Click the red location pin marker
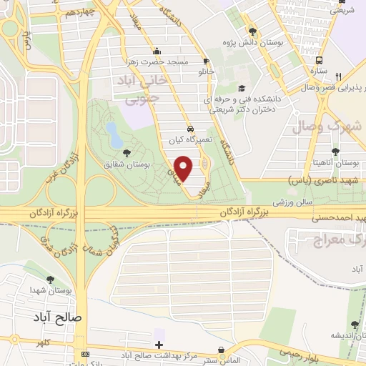click(x=184, y=167)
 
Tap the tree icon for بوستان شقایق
click(x=127, y=152)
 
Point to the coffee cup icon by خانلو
click(x=207, y=61)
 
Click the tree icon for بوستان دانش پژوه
click(x=252, y=31)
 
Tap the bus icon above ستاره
click(x=319, y=61)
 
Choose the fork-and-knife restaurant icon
click(x=339, y=76)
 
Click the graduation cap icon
click(x=241, y=89)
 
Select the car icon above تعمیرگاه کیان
click(x=190, y=128)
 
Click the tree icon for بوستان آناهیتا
click(x=336, y=150)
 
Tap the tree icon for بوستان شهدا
click(x=50, y=280)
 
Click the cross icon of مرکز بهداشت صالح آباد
click(x=159, y=345)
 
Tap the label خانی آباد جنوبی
click(x=146, y=91)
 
